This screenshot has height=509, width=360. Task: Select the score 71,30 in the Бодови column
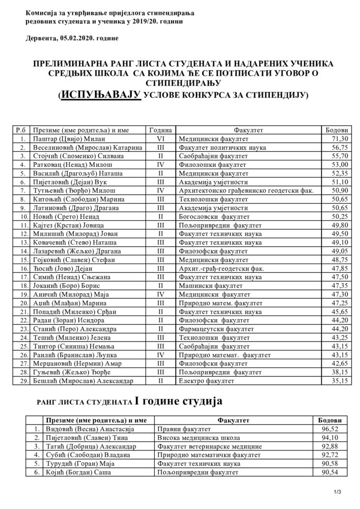pyautogui.click(x=339, y=138)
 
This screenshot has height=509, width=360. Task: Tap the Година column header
pyautogui.click(x=160, y=130)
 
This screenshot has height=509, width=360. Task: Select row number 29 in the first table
pyautogui.click(x=20, y=381)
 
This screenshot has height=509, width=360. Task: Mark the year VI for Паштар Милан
pyautogui.click(x=160, y=138)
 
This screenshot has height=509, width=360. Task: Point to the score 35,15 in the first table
pyautogui.click(x=339, y=381)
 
